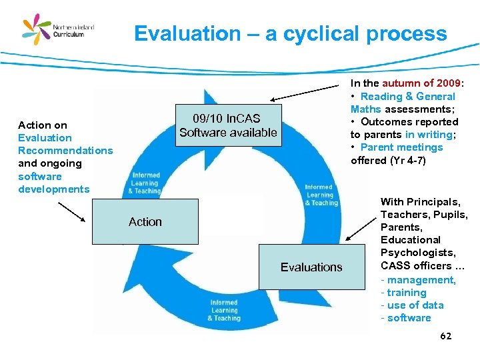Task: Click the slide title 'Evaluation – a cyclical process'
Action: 290,34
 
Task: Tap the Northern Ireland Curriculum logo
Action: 58,30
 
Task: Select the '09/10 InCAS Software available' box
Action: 228,125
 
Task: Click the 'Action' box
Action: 145,222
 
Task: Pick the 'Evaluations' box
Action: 311,267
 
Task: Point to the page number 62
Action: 446,335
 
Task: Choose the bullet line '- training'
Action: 404,293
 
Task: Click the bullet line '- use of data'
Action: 413,305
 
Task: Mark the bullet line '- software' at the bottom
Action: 406,318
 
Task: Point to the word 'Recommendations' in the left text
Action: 65,151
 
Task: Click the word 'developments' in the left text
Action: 53,189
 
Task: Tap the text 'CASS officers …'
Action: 423,266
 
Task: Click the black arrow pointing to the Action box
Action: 72,212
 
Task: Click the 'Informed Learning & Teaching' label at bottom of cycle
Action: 224,311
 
